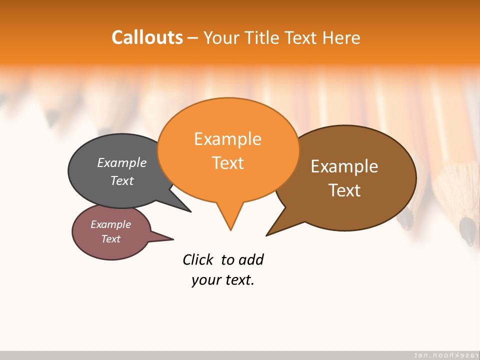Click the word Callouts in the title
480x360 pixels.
click(147, 37)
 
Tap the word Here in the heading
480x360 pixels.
click(341, 37)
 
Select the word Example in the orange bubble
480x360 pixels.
click(227, 139)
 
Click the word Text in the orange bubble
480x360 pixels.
click(227, 163)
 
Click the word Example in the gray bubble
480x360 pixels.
click(122, 163)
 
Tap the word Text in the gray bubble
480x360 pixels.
click(122, 180)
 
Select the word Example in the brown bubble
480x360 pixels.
click(344, 166)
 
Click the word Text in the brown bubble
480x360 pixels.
click(344, 190)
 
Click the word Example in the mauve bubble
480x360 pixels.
click(110, 224)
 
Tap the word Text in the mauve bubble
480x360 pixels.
click(110, 239)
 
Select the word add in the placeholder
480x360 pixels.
click(251, 259)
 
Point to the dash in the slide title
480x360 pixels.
click(193, 38)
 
